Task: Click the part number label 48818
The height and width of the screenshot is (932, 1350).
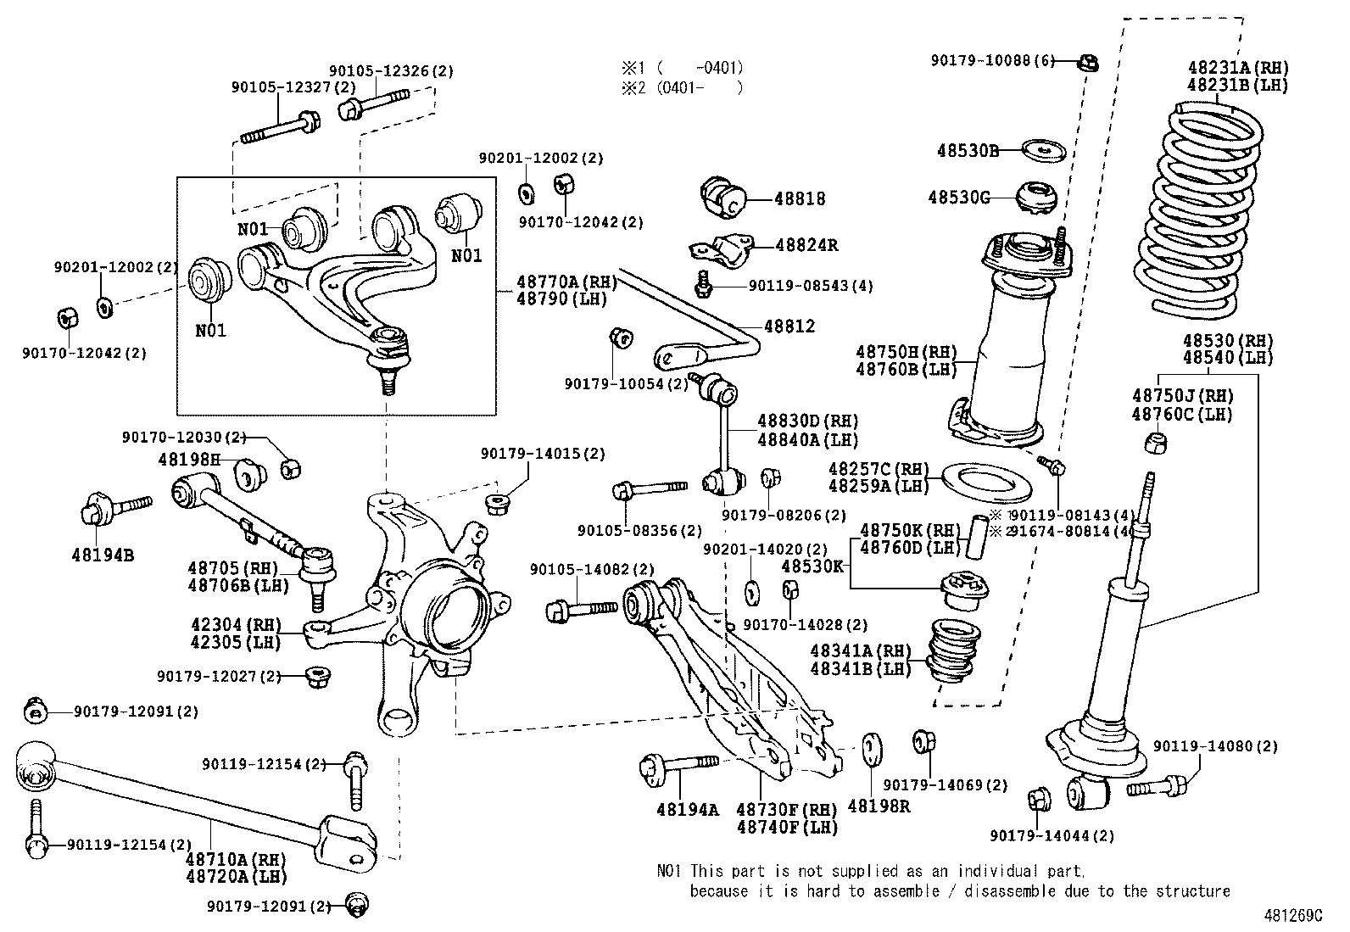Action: (x=799, y=198)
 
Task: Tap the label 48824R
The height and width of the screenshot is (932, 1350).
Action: (x=806, y=245)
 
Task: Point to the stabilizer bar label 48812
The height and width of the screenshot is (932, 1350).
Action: (x=789, y=326)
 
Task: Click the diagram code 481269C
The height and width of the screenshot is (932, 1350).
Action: (x=1291, y=916)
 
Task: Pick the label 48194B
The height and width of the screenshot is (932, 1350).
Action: (x=103, y=556)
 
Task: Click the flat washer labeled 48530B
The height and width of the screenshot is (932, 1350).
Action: (x=1042, y=150)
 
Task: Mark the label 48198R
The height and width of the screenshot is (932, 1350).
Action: (x=879, y=806)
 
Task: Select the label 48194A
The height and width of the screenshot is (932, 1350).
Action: (x=687, y=809)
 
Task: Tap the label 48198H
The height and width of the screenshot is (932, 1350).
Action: (x=188, y=460)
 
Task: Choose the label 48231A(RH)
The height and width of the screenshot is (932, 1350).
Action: (x=1236, y=68)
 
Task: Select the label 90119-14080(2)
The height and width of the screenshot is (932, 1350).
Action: (x=1215, y=746)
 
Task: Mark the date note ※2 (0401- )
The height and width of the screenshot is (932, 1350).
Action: (x=683, y=87)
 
